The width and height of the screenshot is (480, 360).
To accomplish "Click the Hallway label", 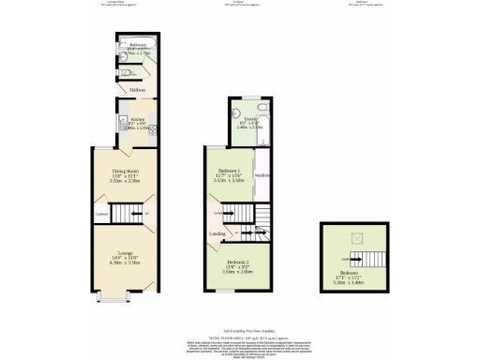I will point(124,90).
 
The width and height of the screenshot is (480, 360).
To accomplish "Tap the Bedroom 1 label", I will point(231,170).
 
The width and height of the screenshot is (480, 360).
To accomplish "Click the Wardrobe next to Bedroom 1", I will point(263,176).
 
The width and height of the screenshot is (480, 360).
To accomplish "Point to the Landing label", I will point(217,232).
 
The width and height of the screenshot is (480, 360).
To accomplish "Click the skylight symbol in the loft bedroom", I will point(355,239).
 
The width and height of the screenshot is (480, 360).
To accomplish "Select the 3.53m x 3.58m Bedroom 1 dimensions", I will point(231,180).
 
